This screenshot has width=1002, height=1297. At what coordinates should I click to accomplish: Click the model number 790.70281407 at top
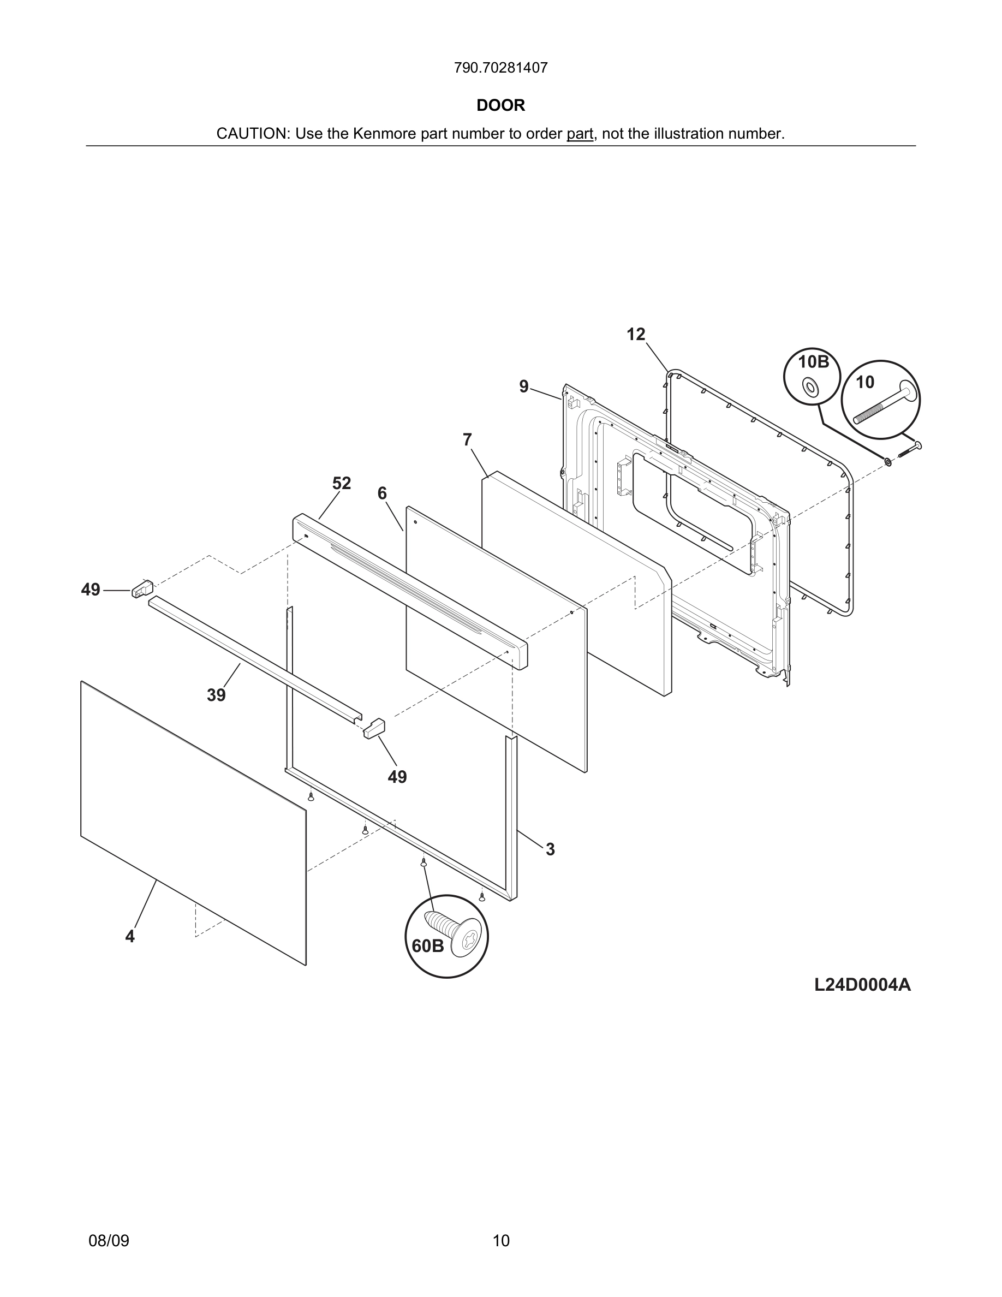point(500,68)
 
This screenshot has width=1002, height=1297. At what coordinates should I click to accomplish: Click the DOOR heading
point(500,106)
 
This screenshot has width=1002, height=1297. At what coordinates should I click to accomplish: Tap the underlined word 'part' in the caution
point(580,134)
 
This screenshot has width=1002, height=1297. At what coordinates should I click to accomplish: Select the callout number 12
point(635,335)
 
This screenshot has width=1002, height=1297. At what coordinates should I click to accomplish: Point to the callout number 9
point(523,387)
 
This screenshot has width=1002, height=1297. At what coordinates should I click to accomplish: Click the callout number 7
point(467,440)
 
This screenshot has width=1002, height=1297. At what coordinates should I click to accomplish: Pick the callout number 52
point(341,484)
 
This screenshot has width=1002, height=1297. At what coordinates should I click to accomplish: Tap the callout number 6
point(381,493)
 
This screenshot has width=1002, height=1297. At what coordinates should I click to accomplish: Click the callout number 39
point(216,695)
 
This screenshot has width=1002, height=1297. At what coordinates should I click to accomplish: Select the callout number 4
point(130,937)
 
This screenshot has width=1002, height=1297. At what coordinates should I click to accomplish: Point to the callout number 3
point(550,850)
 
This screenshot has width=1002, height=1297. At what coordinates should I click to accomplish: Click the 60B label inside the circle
point(427,946)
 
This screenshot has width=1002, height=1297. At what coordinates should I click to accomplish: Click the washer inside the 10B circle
point(810,388)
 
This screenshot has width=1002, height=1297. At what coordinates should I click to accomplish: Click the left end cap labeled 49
point(142,589)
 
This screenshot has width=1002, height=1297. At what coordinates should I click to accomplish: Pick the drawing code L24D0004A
point(862,985)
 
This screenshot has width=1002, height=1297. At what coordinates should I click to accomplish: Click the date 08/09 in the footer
point(109,1241)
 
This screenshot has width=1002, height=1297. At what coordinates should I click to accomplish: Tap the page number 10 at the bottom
point(501,1241)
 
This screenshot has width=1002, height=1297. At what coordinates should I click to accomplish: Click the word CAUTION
point(252,134)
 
